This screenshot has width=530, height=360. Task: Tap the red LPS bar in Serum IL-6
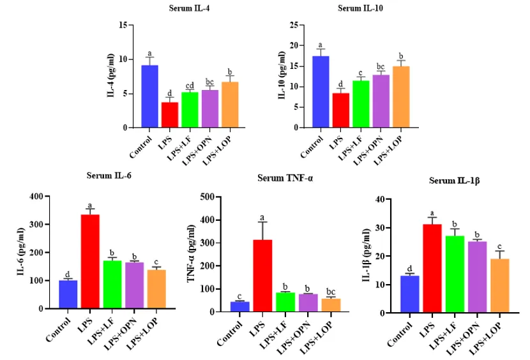pos(89,262)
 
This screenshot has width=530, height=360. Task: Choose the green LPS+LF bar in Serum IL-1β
pos(455,274)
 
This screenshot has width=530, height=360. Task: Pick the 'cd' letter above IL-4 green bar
pos(190,86)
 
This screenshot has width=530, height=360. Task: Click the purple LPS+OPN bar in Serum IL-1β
pos(476,277)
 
